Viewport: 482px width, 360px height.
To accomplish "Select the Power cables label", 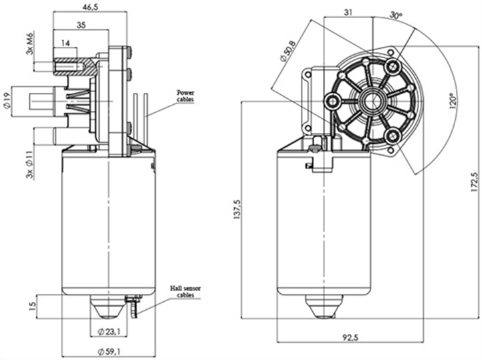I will pos(187,96).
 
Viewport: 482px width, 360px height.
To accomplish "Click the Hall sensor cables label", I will pos(185,291).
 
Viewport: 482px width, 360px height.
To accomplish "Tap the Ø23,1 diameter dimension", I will pos(108,331).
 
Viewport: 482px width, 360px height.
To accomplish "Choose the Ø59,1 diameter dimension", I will pos(108,349).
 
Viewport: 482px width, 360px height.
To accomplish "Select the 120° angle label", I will pos(453,101).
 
